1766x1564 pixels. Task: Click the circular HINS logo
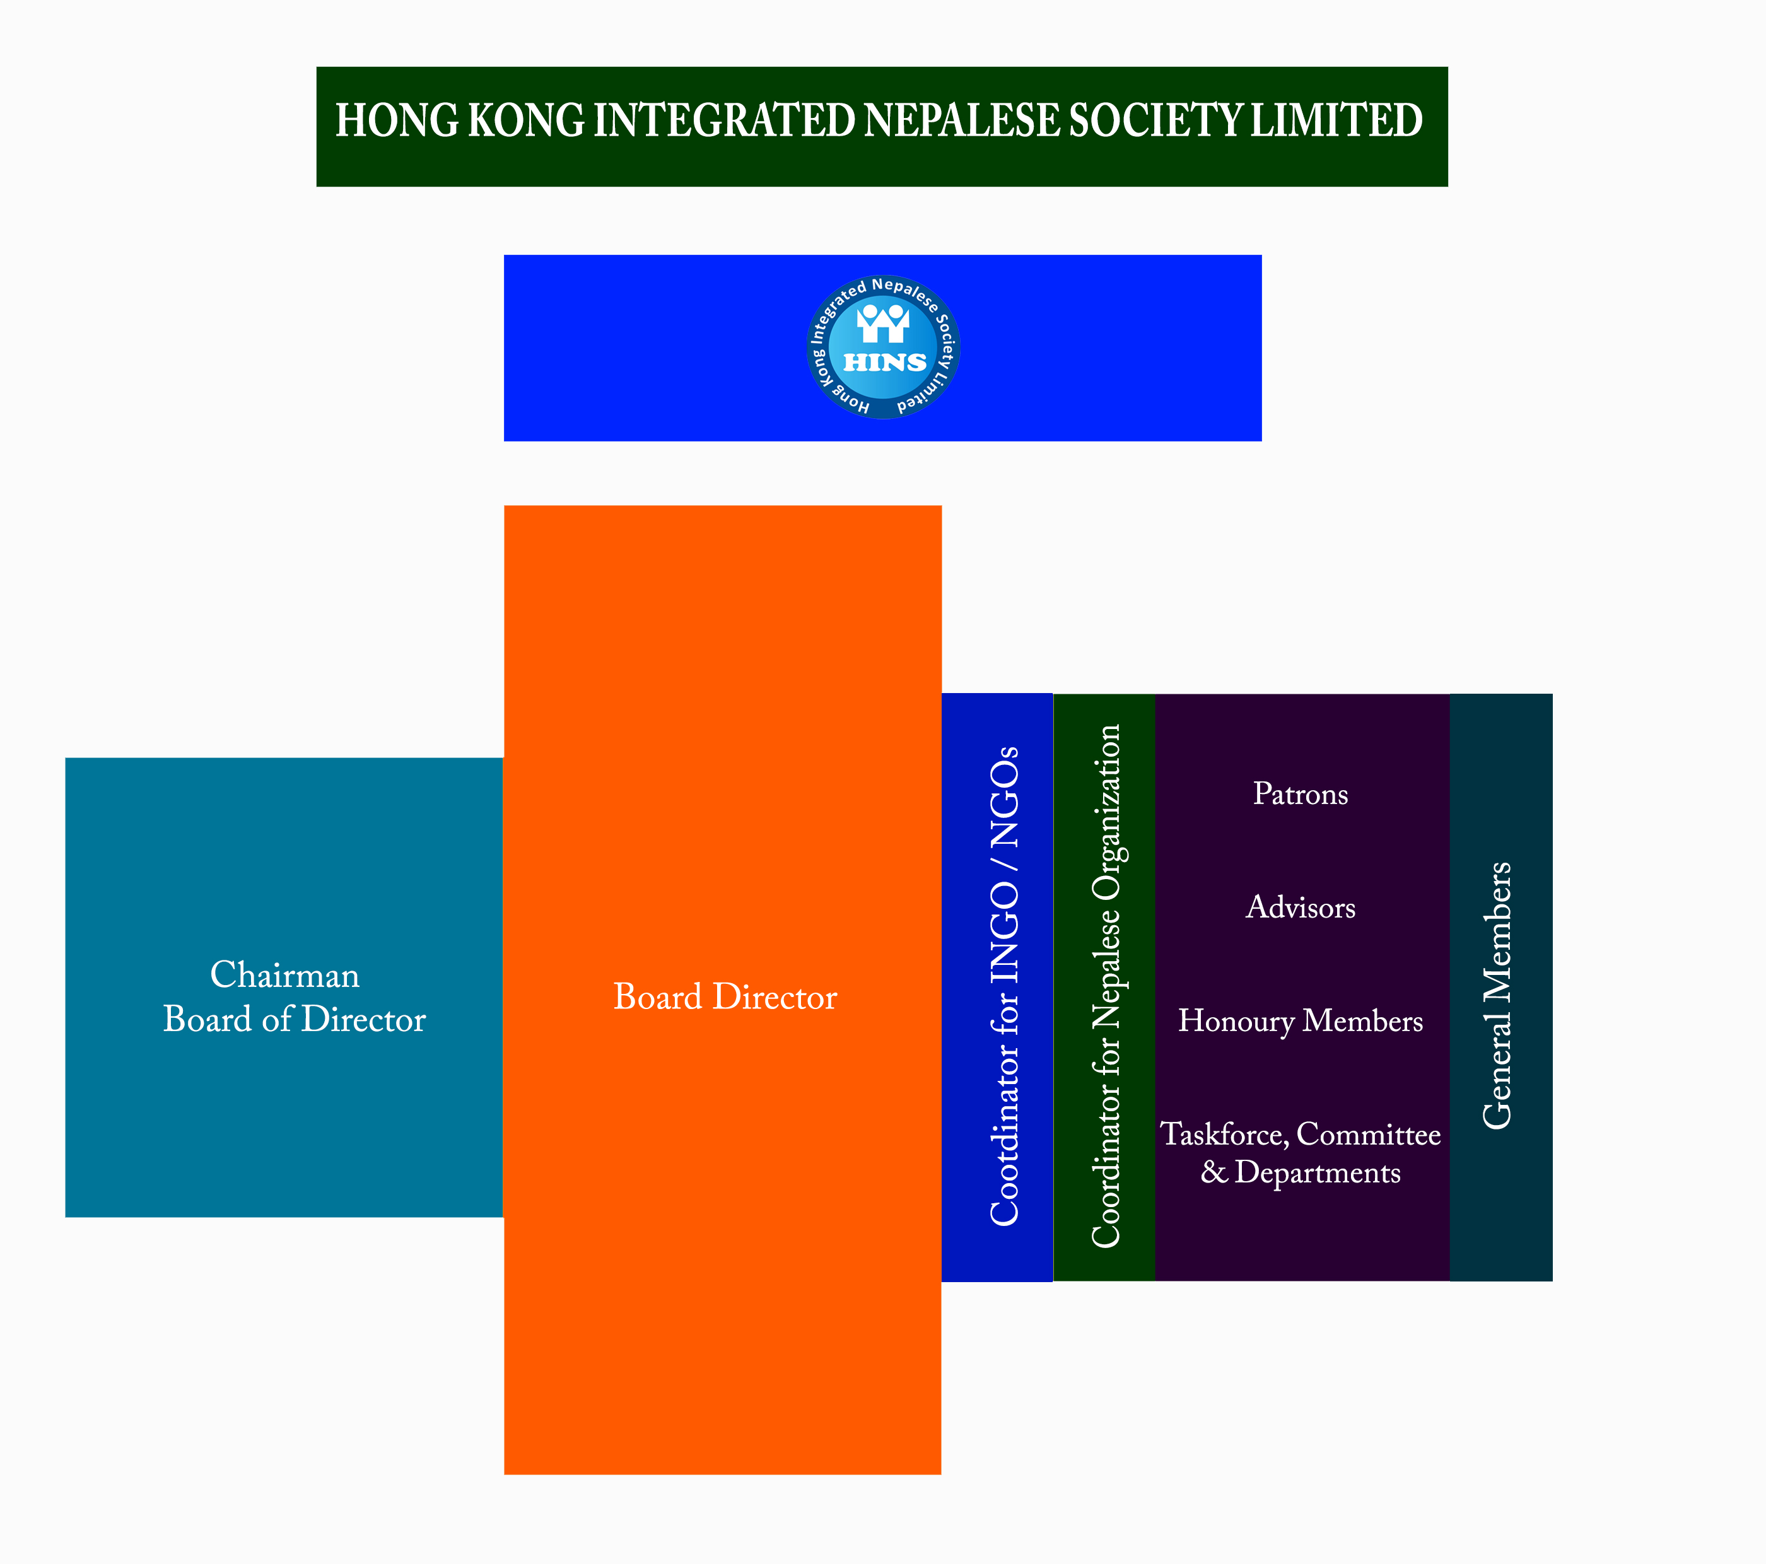[x=883, y=347]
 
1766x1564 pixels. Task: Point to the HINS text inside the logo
[x=885, y=363]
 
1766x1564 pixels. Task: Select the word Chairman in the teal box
[x=284, y=975]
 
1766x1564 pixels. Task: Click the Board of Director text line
[x=294, y=1020]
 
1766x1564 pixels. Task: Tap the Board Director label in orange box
[x=725, y=997]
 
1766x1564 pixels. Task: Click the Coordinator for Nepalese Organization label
[x=1105, y=986]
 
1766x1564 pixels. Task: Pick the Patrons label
[x=1301, y=794]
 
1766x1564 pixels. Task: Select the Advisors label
[x=1301, y=907]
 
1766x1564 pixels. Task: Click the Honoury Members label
[x=1301, y=1022]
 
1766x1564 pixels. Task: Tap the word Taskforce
[x=1224, y=1134]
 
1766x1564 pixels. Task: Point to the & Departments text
[x=1301, y=1172]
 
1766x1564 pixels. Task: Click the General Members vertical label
[x=1497, y=995]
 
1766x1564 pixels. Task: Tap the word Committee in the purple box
[x=1369, y=1134]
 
